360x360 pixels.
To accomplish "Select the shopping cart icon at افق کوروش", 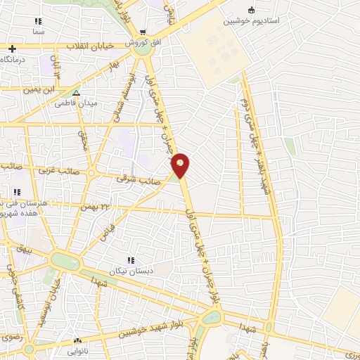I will [143, 32].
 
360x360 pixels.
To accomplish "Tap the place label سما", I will [38, 33].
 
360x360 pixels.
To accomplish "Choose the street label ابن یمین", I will [39, 89].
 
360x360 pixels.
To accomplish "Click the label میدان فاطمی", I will [76, 103].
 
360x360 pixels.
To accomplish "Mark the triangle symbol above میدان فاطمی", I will [77, 92].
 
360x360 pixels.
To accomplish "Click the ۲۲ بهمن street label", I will [96, 205].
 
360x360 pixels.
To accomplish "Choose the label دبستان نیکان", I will [129, 271].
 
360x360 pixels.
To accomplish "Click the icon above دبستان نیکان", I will [129, 262].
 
